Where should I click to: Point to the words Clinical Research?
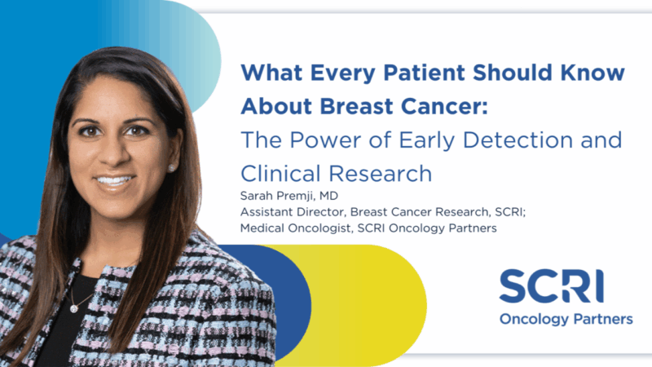(335, 173)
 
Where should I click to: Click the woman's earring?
(173, 168)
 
